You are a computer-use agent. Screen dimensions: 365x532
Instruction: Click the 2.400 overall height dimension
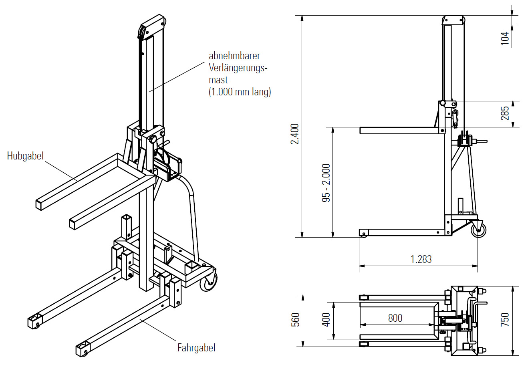[295, 134]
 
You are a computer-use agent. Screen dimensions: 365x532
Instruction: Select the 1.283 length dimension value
[421, 259]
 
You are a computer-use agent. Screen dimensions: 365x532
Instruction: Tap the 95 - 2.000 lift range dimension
[326, 182]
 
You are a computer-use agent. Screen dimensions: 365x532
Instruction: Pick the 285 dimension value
[505, 113]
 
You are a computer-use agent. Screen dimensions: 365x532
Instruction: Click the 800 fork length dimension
[395, 318]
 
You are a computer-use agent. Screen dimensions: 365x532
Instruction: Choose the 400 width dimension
[326, 320]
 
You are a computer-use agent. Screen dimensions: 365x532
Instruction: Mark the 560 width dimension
[295, 320]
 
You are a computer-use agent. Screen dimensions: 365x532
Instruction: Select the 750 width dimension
[505, 320]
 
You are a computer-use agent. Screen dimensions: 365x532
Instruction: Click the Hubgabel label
[25, 156]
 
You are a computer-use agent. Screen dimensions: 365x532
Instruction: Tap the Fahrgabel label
[196, 348]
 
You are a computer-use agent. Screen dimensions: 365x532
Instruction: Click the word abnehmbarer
[234, 56]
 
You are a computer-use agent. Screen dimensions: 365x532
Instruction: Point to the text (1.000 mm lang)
[240, 92]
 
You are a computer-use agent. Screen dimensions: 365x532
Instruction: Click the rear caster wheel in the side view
[478, 230]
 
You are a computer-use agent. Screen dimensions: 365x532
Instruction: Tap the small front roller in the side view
[363, 234]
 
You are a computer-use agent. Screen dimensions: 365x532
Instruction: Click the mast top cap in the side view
[453, 20]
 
